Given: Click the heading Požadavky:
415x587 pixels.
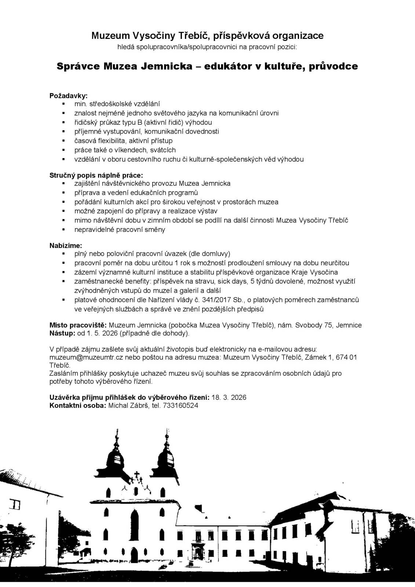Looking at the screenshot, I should (x=69, y=96).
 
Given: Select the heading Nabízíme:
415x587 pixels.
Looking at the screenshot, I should (x=66, y=245).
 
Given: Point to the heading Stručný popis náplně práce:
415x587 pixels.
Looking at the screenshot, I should (x=96, y=175).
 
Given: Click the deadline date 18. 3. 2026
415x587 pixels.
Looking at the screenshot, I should (x=229, y=397).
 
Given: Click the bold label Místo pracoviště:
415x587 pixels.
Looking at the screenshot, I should (x=78, y=325).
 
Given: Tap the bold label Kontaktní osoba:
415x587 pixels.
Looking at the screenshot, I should (x=78, y=405).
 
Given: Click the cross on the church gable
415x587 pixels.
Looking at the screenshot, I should (x=138, y=476).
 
